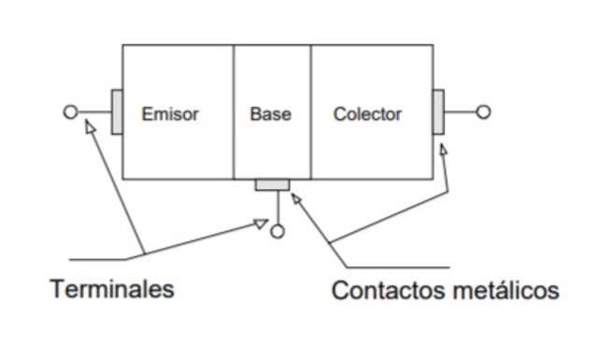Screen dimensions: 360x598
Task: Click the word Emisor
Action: point(170,114)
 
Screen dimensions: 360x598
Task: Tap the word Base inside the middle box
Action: point(270,114)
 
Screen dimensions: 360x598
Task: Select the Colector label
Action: point(367,114)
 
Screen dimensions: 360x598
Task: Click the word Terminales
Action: point(112,288)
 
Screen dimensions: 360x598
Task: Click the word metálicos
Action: point(508,290)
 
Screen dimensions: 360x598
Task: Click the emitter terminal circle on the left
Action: point(70,112)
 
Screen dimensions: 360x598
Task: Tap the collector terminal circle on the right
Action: point(483,112)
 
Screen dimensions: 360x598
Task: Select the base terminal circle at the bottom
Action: point(277,231)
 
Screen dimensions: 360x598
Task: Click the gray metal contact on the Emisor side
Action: point(117,112)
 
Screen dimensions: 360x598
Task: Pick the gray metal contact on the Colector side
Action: point(438,112)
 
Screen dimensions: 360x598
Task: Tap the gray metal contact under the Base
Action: point(273,184)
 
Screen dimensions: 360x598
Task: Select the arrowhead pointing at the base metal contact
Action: point(297,197)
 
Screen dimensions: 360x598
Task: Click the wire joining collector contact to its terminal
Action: point(460,112)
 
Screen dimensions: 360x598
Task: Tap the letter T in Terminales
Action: point(57,288)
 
